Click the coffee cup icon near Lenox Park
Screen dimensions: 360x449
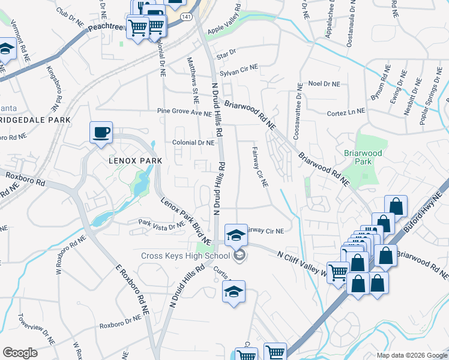tap(101, 132)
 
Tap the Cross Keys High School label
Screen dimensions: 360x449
tap(185, 256)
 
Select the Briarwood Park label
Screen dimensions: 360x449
tap(363, 157)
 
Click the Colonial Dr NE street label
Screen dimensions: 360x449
tap(193, 143)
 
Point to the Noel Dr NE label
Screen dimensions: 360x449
tap(324, 85)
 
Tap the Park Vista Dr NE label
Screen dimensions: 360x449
tap(161, 225)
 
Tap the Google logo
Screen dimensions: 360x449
tap(20, 353)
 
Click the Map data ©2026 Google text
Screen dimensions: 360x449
tap(412, 355)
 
